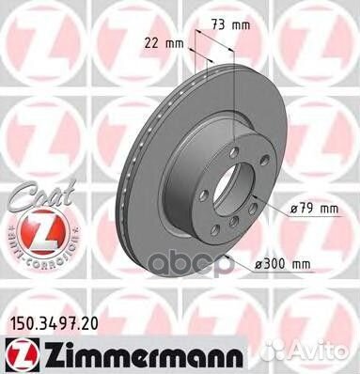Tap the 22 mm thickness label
[x=164, y=43]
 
